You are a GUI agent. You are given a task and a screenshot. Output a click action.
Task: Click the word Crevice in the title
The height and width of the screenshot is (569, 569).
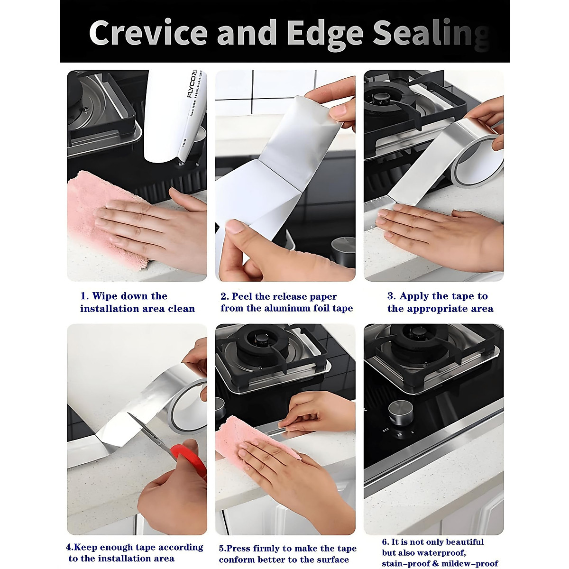(148, 32)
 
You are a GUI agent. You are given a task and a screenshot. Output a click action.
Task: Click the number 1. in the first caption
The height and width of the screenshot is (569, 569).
(85, 296)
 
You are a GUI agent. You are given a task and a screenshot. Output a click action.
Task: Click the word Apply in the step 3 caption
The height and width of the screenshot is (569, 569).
(413, 296)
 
